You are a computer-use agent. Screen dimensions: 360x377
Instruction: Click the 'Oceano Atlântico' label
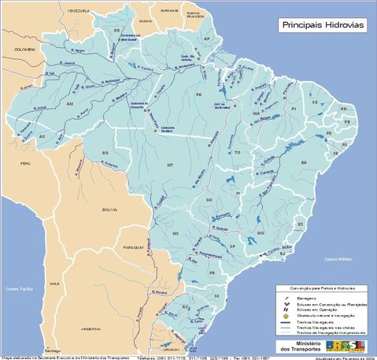click(x=341, y=258)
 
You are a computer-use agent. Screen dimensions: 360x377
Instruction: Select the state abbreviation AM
click(x=69, y=103)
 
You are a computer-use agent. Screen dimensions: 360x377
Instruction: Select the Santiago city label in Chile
click(x=53, y=350)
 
